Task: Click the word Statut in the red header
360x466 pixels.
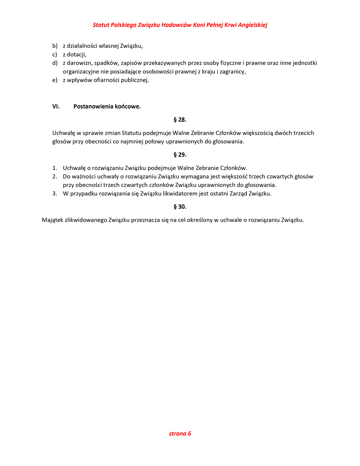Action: [101, 25]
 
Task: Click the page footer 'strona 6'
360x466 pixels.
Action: [180, 434]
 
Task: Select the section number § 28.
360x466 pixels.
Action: [180, 120]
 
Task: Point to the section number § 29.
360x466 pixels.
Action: [180, 154]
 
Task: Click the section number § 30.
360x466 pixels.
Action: [180, 207]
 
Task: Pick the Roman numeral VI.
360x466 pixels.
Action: [56, 107]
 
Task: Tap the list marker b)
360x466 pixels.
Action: [55, 46]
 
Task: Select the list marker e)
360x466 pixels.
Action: [55, 80]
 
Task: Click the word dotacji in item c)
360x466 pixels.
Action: [76, 54]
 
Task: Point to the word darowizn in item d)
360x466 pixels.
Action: [79, 63]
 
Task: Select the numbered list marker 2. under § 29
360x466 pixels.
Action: [55, 176]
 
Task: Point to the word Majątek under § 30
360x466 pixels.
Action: [53, 220]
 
